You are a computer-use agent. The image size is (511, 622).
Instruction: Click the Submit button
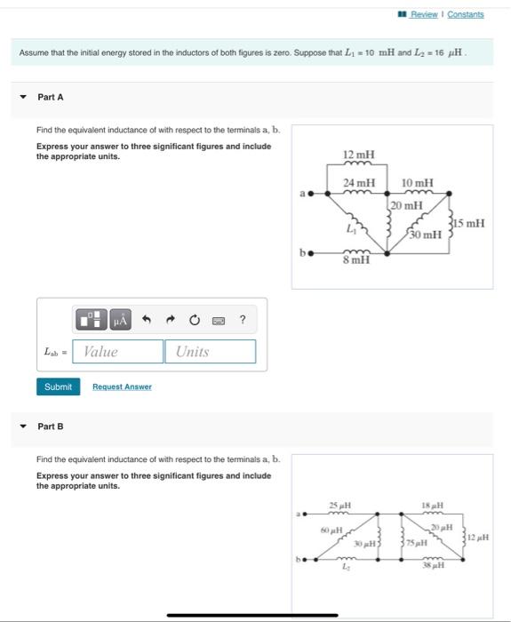click(x=58, y=387)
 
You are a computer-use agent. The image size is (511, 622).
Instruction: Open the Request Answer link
click(x=122, y=387)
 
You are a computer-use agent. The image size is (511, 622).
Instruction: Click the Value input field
click(x=118, y=352)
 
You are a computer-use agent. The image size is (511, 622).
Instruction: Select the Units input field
click(x=210, y=352)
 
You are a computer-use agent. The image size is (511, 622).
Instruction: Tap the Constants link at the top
click(x=466, y=14)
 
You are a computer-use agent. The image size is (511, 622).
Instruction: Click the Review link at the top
click(x=424, y=14)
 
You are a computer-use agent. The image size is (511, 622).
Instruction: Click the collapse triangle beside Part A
click(x=23, y=97)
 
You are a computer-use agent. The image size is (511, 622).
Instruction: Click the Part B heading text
click(x=51, y=427)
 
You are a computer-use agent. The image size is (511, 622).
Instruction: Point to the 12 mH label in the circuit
click(x=358, y=155)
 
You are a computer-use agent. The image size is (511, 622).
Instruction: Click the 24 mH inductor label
click(x=358, y=183)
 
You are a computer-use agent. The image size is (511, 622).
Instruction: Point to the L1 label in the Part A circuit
click(x=351, y=229)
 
